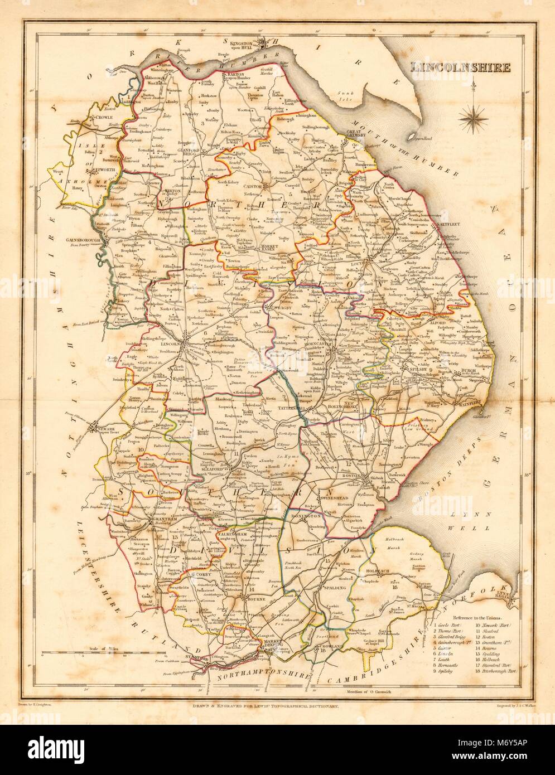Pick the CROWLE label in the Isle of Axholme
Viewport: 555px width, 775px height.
104,118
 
